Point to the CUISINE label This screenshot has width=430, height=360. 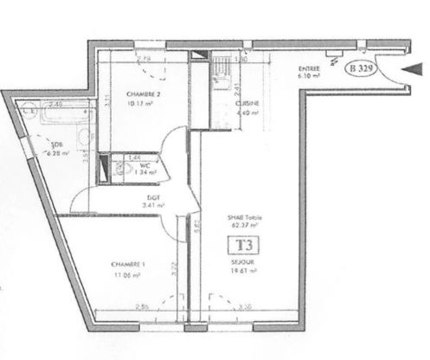248,103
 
